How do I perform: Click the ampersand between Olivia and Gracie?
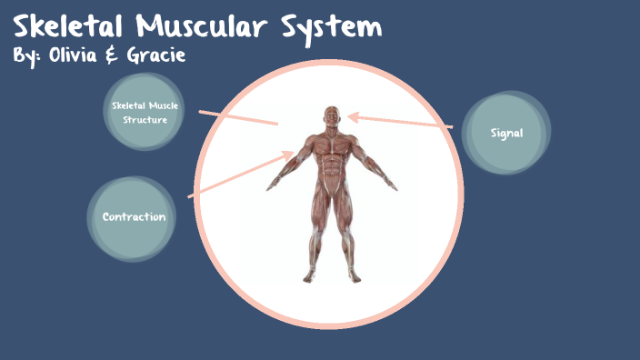pyautogui.click(x=115, y=55)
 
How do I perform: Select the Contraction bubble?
pyautogui.click(x=133, y=216)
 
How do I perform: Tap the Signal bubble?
pyautogui.click(x=506, y=133)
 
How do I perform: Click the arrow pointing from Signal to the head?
pyautogui.click(x=400, y=121)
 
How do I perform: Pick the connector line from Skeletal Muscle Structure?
pyautogui.click(x=238, y=117)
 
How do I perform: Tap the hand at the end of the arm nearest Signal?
pyautogui.click(x=392, y=186)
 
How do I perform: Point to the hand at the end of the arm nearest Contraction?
pyautogui.click(x=270, y=186)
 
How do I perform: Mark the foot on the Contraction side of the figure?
pyautogui.click(x=309, y=275)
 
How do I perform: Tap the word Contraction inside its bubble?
pyautogui.click(x=134, y=216)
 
